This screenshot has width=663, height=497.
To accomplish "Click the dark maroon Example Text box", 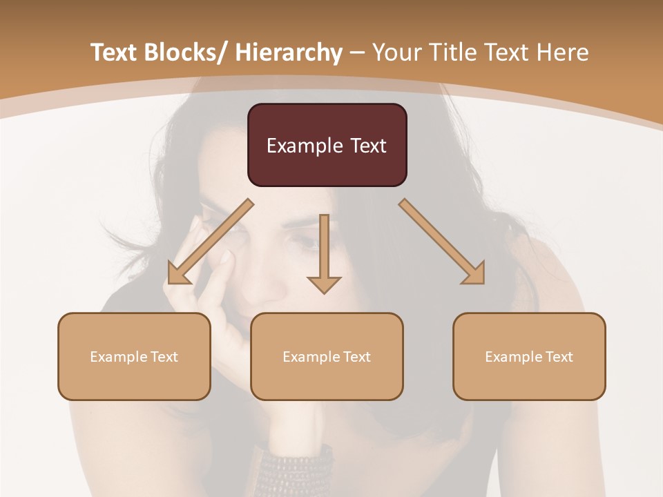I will [x=327, y=145].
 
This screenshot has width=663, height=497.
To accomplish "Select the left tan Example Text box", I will [x=134, y=356].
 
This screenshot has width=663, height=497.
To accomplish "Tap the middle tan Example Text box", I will [x=327, y=356].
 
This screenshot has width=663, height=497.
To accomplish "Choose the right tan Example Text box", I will [x=529, y=356].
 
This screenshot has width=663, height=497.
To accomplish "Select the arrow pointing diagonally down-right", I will [x=442, y=242].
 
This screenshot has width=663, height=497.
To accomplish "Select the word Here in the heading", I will [x=563, y=52].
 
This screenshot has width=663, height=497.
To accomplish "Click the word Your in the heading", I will [x=396, y=52].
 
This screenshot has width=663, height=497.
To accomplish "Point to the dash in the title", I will [x=357, y=52].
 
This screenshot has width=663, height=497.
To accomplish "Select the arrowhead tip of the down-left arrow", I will [x=170, y=282].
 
